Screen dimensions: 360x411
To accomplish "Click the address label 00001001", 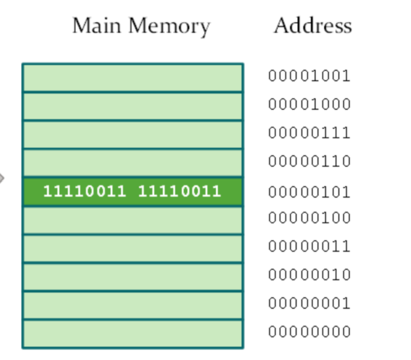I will click(x=309, y=76).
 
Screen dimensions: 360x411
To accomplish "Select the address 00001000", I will click(x=309, y=105).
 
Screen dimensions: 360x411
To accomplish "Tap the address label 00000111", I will click(x=309, y=133).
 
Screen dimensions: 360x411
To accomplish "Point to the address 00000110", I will click(x=309, y=162).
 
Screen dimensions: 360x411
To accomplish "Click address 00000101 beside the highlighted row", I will click(x=309, y=193).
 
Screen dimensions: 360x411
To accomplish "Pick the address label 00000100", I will click(x=309, y=218).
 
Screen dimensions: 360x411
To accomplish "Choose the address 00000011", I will click(x=309, y=247).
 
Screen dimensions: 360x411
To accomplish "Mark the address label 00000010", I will click(x=309, y=275).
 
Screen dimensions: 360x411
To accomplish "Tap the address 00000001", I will click(x=309, y=304).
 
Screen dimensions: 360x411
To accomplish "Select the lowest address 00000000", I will click(x=309, y=332).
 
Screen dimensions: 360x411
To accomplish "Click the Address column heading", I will click(x=313, y=26).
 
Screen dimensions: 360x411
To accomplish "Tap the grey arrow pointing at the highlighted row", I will click(x=2, y=178).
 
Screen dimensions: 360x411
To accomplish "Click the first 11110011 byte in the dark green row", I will click(x=84, y=192).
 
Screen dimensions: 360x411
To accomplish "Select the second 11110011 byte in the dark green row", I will click(x=179, y=192).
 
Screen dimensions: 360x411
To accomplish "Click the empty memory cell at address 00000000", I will click(x=132, y=334).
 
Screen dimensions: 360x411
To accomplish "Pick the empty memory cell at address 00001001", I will click(x=132, y=78).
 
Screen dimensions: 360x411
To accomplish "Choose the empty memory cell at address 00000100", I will click(x=132, y=220).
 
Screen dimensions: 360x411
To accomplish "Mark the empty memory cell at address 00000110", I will click(x=132, y=163).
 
